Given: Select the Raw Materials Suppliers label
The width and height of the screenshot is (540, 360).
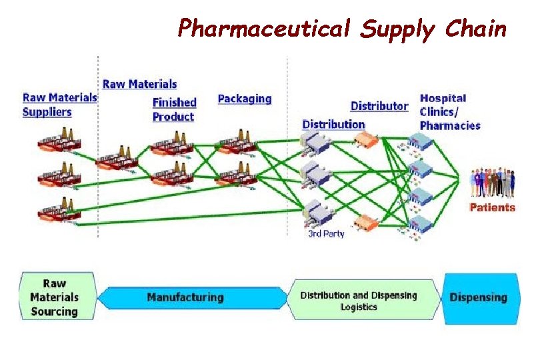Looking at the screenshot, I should [x=60, y=104].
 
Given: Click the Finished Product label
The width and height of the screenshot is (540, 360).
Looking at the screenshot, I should [x=174, y=109].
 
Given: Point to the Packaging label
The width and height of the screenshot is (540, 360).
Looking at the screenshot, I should [x=245, y=99].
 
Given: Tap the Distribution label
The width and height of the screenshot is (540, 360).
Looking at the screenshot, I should [x=333, y=124].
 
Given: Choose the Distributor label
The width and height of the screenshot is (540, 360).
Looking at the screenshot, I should [x=379, y=106].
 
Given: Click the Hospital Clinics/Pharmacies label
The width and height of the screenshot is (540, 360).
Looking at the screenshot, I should [x=449, y=111].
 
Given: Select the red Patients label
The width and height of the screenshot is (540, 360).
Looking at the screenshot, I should [x=492, y=207].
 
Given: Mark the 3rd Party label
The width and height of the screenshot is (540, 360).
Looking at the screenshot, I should [x=326, y=234].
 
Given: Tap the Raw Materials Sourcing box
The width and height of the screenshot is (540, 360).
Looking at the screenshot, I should [x=55, y=297].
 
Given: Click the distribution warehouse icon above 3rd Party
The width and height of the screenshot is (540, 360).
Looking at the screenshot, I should [x=315, y=215].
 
